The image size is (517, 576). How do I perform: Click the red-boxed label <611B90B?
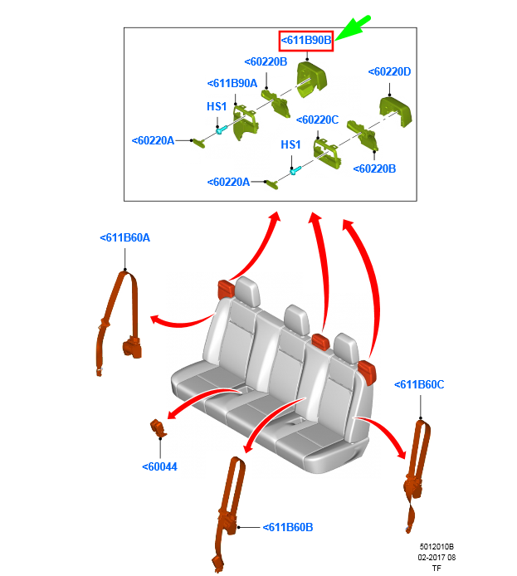(x=305, y=40)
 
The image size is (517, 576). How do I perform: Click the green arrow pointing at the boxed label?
(x=354, y=28)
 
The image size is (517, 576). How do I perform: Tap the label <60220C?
(x=316, y=120)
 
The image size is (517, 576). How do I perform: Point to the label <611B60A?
(x=124, y=238)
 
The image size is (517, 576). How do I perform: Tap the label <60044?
(x=159, y=466)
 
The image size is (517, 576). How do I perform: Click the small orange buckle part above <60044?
(x=158, y=428)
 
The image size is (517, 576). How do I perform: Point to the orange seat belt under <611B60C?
(x=417, y=473)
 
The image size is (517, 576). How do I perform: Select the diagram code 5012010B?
(x=437, y=547)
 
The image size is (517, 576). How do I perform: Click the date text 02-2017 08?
(x=437, y=557)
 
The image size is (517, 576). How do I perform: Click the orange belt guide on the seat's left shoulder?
(x=227, y=289)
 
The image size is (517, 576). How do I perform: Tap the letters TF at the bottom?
(x=437, y=568)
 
